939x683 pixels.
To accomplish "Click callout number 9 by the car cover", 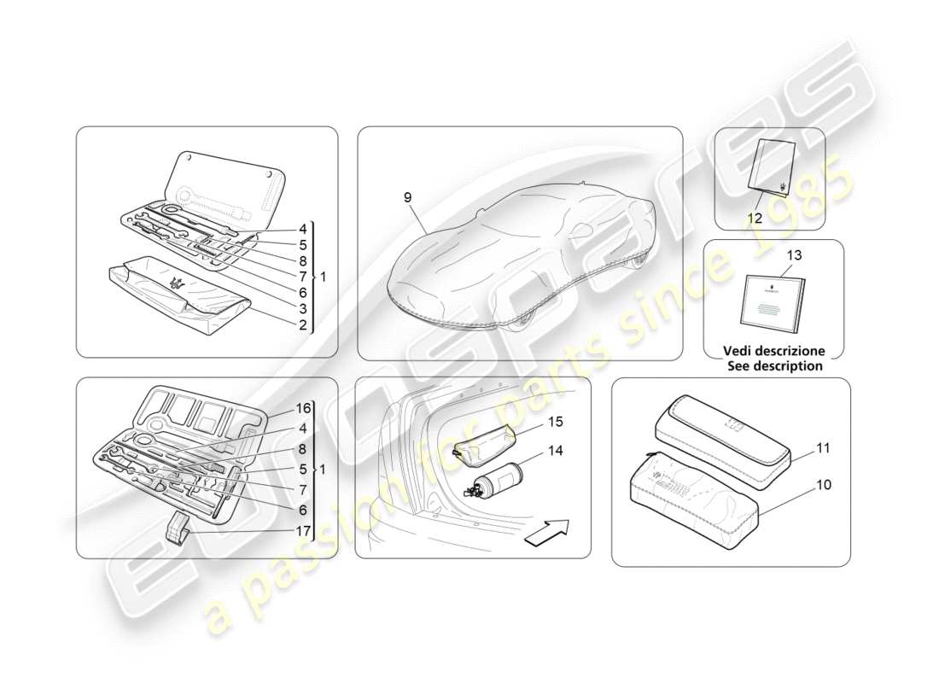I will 407,198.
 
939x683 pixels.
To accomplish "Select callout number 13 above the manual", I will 795,255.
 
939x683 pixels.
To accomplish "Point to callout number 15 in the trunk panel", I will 556,423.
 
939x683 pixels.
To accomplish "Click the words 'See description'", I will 774,366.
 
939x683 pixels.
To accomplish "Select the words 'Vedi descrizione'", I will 774,351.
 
